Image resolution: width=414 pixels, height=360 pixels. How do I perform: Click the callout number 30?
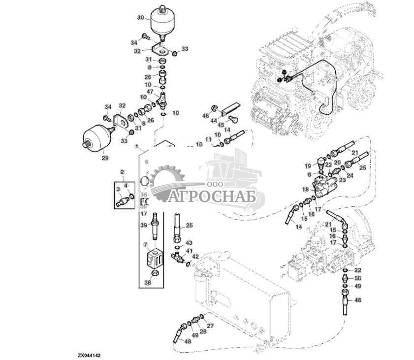pyautogui.click(x=141, y=18)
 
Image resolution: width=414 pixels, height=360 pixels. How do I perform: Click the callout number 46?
pyautogui.click(x=206, y=115)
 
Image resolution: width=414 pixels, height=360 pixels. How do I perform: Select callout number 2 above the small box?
pyautogui.click(x=123, y=171)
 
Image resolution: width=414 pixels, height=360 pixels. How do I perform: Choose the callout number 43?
pyautogui.click(x=189, y=243)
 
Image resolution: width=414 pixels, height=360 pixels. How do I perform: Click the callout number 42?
pyautogui.click(x=195, y=257)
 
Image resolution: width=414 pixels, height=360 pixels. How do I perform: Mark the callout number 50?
pyautogui.click(x=358, y=278)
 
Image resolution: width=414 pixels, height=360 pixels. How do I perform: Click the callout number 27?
pyautogui.click(x=210, y=326)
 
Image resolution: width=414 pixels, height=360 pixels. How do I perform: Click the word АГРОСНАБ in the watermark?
pyautogui.click(x=214, y=197)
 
